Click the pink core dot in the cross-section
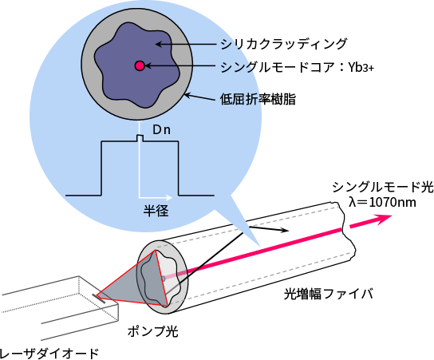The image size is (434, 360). tap(140, 66)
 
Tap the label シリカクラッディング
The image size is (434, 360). tap(283, 44)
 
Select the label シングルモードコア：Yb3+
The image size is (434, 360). tap(298, 67)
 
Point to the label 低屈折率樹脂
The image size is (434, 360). tap(258, 99)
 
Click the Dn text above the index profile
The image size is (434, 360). tap(162, 130)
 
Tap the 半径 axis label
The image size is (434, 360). tap(156, 211)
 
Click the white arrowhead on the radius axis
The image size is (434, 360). tap(169, 197)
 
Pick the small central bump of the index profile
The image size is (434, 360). tap(140, 138)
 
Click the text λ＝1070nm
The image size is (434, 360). tap(382, 202)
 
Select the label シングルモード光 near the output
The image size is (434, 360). tap(383, 188)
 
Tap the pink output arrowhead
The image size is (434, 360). tap(384, 219)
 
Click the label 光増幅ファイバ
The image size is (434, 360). tap(328, 294)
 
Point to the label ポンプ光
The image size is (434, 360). tap(152, 331)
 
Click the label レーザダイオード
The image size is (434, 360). tap(49, 354)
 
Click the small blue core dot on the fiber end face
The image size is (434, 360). tap(164, 279)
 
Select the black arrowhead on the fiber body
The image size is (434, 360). tap(285, 230)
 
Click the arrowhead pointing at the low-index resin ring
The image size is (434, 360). tap(187, 96)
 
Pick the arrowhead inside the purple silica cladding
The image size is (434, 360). tap(159, 44)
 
